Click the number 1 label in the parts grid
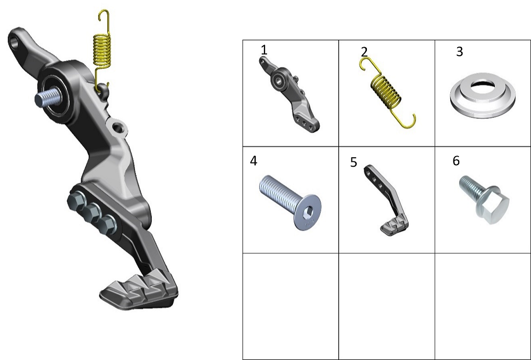tap(264, 50)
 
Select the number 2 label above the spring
tap(364, 52)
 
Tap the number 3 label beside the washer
tap(459, 52)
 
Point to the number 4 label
tap(253, 160)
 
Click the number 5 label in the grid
tap(354, 162)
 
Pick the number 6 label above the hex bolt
tap(456, 160)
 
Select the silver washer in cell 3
tap(483, 95)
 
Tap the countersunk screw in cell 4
tap(290, 202)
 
